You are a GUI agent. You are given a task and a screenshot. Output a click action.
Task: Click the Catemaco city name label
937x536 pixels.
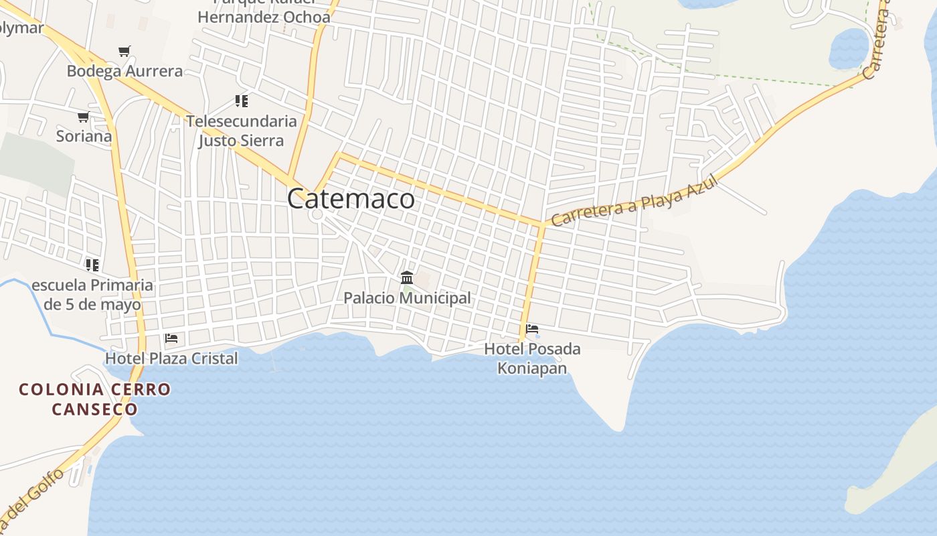pyautogui.click(x=351, y=199)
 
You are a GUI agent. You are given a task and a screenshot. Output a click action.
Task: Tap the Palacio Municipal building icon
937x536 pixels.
pyautogui.click(x=406, y=277)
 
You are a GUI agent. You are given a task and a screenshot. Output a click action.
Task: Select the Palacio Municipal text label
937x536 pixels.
pyautogui.click(x=407, y=297)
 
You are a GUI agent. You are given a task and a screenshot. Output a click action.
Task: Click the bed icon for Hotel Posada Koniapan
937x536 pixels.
pyautogui.click(x=532, y=329)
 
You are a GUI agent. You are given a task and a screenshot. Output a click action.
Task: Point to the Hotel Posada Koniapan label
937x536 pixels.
pyautogui.click(x=532, y=358)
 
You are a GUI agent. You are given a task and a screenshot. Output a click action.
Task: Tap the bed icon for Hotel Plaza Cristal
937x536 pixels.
pyautogui.click(x=171, y=338)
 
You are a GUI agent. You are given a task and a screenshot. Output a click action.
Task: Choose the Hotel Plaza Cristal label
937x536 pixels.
pyautogui.click(x=171, y=358)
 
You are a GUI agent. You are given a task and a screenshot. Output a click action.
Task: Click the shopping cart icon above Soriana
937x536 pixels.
pyautogui.click(x=84, y=117)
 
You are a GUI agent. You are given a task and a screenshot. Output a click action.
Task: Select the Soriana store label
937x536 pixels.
pyautogui.click(x=84, y=136)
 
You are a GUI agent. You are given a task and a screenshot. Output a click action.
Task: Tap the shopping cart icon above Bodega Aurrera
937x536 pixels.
pyautogui.click(x=124, y=51)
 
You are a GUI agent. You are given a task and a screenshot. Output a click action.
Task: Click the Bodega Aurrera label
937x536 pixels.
pyautogui.click(x=124, y=71)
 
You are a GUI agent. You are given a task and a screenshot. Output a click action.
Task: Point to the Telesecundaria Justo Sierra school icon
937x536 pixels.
pyautogui.click(x=241, y=101)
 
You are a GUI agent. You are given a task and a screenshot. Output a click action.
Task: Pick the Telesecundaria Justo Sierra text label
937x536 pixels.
pyautogui.click(x=241, y=131)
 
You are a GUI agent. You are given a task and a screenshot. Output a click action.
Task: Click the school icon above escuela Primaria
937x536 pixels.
pyautogui.click(x=92, y=265)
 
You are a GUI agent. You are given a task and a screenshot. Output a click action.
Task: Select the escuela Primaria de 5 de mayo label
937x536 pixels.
pyautogui.click(x=92, y=295)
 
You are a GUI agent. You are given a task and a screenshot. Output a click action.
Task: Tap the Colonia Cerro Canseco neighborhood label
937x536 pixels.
pyautogui.click(x=94, y=399)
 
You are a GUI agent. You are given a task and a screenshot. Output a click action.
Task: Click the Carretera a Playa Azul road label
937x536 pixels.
pyautogui.click(x=633, y=200)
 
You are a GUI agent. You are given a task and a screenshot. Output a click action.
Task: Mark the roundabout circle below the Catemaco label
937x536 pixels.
pyautogui.click(x=317, y=215)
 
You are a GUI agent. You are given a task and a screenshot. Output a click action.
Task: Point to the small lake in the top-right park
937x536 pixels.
pyautogui.click(x=849, y=48)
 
